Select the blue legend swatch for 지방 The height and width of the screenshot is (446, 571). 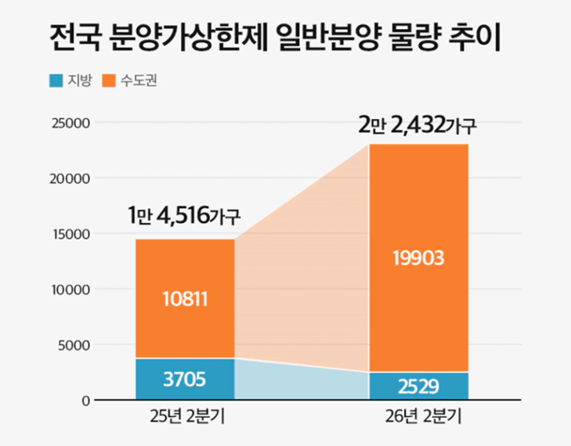(56, 80)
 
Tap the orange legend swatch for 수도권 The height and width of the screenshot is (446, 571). (110, 80)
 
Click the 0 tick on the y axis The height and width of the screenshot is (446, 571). (85, 401)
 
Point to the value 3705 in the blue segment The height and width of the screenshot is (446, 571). (185, 380)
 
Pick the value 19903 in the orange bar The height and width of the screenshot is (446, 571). (419, 257)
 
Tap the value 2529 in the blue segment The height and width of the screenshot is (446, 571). (419, 386)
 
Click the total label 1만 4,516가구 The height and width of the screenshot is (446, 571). (185, 215)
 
